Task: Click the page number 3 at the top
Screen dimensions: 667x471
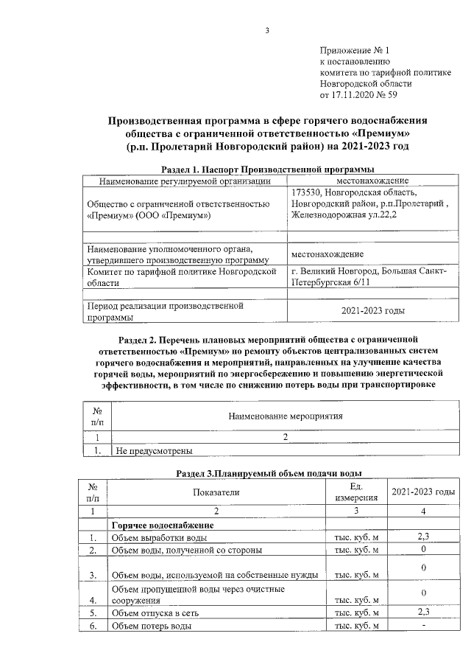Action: pyautogui.click(x=268, y=30)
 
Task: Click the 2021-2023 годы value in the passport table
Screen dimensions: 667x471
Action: pyautogui.click(x=373, y=311)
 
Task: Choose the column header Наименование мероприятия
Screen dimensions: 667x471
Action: pyautogui.click(x=286, y=416)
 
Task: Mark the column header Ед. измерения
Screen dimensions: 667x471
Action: pyautogui.click(x=357, y=492)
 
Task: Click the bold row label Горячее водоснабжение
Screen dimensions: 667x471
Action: pyautogui.click(x=162, y=525)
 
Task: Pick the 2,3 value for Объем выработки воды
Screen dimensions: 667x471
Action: pyautogui.click(x=423, y=537)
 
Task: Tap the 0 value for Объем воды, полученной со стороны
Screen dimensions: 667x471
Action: pyautogui.click(x=423, y=550)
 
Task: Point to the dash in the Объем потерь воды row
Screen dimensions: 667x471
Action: pyautogui.click(x=423, y=626)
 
